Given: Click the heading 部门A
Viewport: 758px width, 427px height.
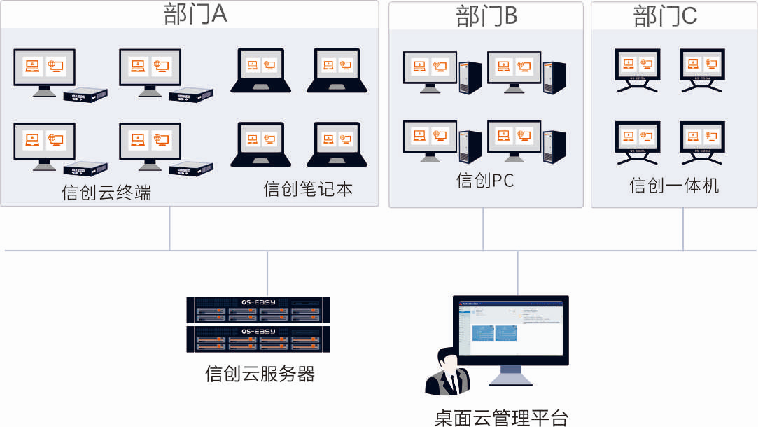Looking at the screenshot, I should point(195,15).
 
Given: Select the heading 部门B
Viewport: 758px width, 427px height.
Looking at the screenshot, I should point(486,15).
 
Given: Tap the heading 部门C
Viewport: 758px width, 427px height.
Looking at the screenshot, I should point(666,15).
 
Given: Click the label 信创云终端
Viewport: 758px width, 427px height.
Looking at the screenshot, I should point(106,192).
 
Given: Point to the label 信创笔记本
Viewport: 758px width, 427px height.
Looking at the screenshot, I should point(308,189).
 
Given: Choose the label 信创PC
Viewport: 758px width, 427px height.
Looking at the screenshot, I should point(485,181).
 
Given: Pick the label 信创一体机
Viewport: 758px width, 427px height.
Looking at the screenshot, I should point(674,185).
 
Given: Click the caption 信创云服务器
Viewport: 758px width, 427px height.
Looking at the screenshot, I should point(260,374).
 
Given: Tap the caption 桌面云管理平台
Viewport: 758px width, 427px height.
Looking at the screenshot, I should point(501,418).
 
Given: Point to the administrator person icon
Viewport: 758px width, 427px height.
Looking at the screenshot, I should point(447,372).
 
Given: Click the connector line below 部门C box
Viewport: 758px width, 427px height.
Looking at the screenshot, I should point(684,229).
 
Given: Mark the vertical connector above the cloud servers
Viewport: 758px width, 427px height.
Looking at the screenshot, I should point(267,273).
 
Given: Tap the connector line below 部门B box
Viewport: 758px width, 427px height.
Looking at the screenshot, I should point(484,229).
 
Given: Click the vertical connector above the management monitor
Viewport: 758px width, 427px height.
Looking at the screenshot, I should point(517,273).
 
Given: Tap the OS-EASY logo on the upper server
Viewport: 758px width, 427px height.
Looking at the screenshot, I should point(258,302).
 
